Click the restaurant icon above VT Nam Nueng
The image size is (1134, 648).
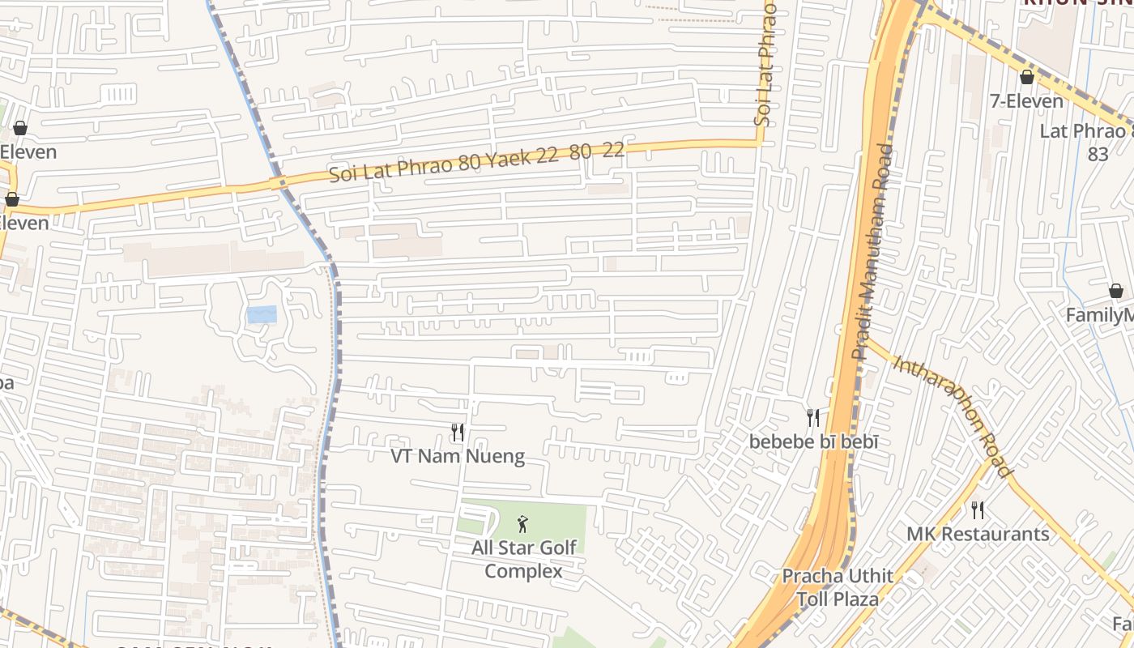(458, 433)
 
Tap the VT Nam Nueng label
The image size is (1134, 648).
(458, 457)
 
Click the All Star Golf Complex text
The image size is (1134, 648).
(524, 559)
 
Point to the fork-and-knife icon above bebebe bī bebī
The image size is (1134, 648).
(813, 418)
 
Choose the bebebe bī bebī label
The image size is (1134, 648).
(813, 442)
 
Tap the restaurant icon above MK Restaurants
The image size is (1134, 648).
(978, 510)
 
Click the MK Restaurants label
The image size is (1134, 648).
(978, 535)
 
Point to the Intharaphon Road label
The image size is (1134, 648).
(952, 415)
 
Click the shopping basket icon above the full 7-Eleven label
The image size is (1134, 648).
(1027, 77)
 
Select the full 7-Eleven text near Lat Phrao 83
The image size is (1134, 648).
(1027, 101)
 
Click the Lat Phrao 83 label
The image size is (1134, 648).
(1089, 142)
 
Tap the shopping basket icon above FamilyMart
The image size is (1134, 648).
(1116, 291)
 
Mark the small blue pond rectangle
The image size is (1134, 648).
(262, 315)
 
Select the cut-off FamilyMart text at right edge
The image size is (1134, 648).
(1099, 315)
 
